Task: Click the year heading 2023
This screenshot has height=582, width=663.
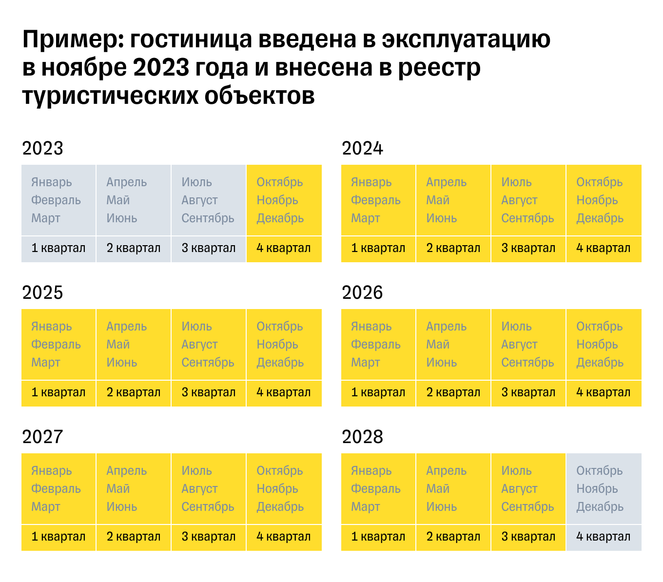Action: click(43, 148)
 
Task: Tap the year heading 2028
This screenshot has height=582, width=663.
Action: click(363, 437)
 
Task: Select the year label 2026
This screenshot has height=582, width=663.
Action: click(363, 292)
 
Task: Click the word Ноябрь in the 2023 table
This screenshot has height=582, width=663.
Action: click(277, 200)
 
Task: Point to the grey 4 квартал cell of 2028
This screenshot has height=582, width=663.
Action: click(603, 537)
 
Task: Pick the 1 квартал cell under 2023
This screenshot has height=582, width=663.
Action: click(58, 248)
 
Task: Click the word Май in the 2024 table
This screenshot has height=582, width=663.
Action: click(438, 200)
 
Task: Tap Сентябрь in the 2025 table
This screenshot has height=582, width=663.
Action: click(208, 362)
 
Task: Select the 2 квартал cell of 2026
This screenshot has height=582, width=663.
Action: click(453, 392)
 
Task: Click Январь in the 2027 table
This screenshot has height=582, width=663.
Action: click(52, 470)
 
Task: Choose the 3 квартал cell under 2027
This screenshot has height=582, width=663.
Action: click(209, 537)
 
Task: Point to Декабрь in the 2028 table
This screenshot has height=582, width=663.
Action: click(600, 506)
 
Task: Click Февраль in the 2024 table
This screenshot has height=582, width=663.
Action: click(376, 200)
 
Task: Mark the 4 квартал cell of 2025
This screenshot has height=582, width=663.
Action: click(284, 392)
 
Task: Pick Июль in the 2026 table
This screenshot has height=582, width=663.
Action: click(517, 326)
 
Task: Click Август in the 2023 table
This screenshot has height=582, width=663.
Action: click(200, 200)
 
